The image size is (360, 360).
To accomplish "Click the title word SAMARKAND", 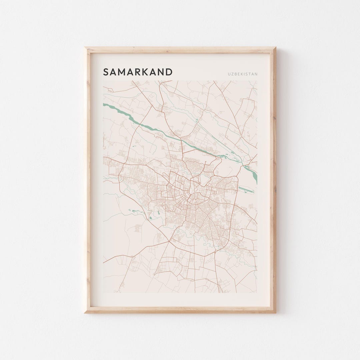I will (138, 72).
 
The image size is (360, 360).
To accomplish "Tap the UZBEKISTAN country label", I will (243, 74).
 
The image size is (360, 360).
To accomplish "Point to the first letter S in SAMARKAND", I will (106, 72).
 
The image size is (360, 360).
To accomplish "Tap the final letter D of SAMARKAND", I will (169, 72).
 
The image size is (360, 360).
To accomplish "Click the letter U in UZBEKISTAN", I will (229, 74).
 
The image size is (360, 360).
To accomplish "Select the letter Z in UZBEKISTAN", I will (233, 74).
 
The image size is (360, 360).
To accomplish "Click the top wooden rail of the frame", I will (180, 50).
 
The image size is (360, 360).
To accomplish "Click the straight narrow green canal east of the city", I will (246, 190).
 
